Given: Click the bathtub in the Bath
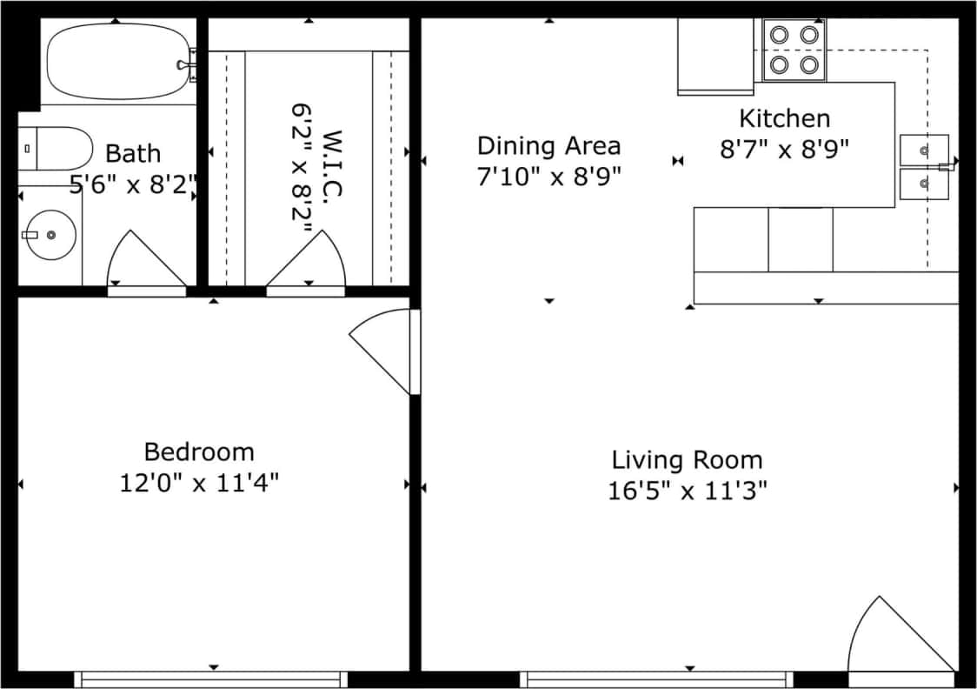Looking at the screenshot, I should (117, 62).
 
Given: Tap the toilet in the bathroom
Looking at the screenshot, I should (56, 149).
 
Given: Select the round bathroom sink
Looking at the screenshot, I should (50, 234).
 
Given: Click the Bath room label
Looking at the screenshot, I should (133, 154).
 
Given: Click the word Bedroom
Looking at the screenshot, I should (199, 452).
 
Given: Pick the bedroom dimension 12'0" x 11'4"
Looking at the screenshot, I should (199, 482).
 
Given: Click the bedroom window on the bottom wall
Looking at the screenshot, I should (211, 679).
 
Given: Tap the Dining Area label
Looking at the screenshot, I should (548, 144).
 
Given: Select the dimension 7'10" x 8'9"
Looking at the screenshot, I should (548, 176).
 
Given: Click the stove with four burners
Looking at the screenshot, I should (794, 50).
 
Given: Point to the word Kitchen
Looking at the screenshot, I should (784, 118).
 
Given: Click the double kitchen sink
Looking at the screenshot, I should (924, 166).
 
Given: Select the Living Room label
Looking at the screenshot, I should (687, 459).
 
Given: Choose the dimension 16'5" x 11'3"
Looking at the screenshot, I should (687, 491).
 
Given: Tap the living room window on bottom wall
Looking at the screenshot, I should (657, 679).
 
